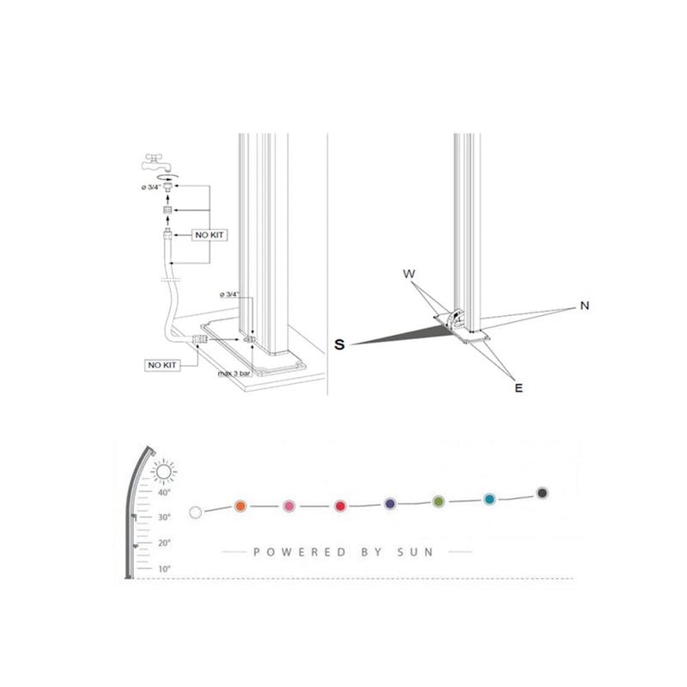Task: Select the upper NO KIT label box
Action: [x=209, y=234]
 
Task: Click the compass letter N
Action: [x=584, y=306]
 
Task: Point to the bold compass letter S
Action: [x=340, y=344]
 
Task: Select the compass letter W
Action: [x=410, y=274]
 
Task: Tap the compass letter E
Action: [x=519, y=388]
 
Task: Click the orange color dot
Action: [x=240, y=505]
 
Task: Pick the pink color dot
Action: [x=289, y=505]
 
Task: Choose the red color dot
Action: [x=340, y=505]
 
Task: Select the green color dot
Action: [x=439, y=501]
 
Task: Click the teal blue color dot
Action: [x=489, y=498]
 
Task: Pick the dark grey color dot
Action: [x=542, y=493]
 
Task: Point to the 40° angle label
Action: [x=164, y=492]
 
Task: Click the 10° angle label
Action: [x=164, y=569]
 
